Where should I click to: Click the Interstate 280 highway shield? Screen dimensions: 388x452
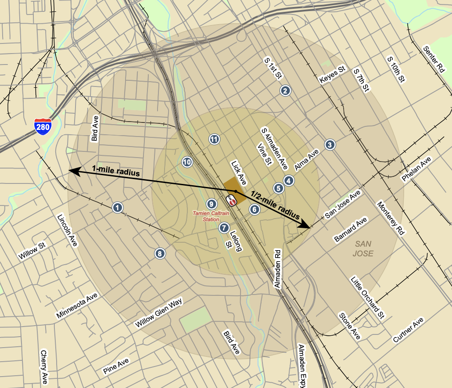tap(43, 126)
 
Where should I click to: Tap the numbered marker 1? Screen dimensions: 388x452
tap(117, 208)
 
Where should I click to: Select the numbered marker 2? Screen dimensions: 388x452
tap(285, 91)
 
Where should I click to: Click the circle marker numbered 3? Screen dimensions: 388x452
tap(330, 144)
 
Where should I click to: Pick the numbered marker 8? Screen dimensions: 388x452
tap(160, 253)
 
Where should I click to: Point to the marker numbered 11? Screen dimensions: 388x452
tap(214, 139)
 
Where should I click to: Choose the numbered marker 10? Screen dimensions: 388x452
tap(187, 162)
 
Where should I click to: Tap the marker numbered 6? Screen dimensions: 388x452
tap(255, 209)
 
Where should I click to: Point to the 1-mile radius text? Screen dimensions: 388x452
tap(116, 171)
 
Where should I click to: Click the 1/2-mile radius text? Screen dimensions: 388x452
tap(275, 205)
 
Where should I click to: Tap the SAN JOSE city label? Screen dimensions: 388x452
tap(364, 248)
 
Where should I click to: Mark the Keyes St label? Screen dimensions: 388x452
tap(333, 75)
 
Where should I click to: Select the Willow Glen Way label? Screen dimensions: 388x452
tap(158, 313)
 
